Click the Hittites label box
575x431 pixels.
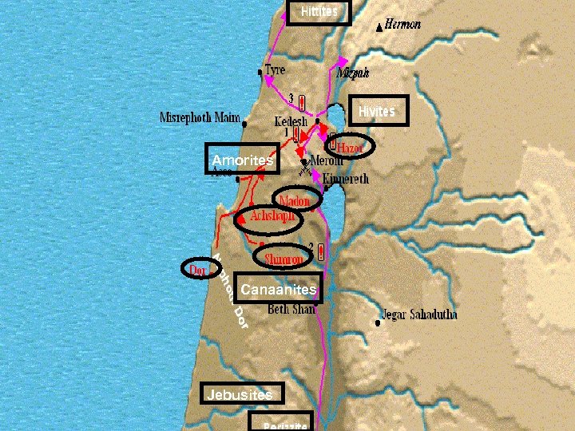319,12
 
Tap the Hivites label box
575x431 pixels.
377,111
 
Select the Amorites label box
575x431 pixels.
242,159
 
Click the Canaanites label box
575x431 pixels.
279,289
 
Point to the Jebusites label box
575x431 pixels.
240,394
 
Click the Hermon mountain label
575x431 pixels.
402,26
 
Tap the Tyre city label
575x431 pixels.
275,70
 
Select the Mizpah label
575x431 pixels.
353,73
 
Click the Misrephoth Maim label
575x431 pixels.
200,118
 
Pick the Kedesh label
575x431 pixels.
291,122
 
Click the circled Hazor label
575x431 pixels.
349,148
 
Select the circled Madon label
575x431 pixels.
294,201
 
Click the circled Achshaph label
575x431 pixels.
272,216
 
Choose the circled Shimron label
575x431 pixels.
284,259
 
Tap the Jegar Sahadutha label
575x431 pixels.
420,314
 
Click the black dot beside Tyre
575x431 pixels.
260,72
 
